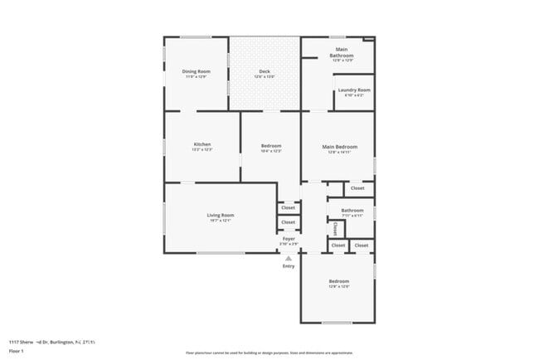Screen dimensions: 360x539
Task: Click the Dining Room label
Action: point(197,71)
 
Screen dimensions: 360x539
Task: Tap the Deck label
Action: point(265,71)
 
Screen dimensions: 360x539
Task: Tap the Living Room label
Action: point(221,216)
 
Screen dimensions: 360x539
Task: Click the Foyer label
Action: point(289,239)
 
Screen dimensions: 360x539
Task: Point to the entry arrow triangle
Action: point(289,258)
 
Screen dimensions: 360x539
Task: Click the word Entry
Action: point(289,266)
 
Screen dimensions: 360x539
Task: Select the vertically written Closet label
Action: point(335,228)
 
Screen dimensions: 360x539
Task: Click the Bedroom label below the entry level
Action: point(338,281)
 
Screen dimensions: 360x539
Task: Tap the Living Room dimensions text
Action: point(221,221)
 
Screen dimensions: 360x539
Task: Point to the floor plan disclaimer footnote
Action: point(269,352)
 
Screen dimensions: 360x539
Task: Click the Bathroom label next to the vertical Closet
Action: point(352,210)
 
